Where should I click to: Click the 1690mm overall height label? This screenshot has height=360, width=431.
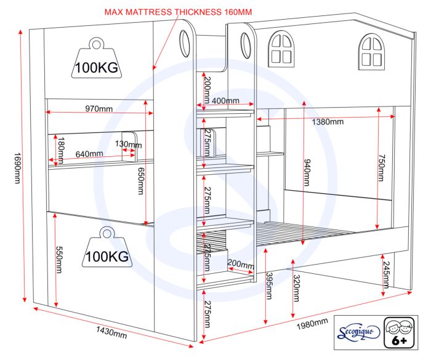(17, 168)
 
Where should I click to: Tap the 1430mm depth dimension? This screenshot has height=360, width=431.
(111, 332)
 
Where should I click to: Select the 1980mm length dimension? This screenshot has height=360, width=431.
(312, 324)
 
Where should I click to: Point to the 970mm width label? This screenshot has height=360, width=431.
(99, 109)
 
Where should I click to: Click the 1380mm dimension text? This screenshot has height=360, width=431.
(328, 121)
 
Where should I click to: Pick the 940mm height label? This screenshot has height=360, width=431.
(307, 172)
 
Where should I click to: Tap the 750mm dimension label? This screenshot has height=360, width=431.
(382, 167)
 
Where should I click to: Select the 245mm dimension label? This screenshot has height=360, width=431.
(386, 275)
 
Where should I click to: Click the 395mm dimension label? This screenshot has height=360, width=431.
(269, 286)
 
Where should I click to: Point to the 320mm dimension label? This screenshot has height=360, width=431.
(296, 288)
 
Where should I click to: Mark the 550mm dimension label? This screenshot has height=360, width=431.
(59, 260)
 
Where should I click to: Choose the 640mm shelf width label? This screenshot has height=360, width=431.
(89, 154)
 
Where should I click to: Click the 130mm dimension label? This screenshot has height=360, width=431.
(128, 144)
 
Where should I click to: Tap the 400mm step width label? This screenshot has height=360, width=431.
(225, 100)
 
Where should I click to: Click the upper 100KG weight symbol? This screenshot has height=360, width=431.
(97, 58)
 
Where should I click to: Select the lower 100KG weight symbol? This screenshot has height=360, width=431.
(107, 247)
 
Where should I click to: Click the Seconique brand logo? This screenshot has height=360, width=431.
(358, 332)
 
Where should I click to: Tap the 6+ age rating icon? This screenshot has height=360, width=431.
(399, 332)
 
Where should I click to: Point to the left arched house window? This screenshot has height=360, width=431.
(281, 49)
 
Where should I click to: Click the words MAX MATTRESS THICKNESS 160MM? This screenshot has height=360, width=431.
(178, 12)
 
